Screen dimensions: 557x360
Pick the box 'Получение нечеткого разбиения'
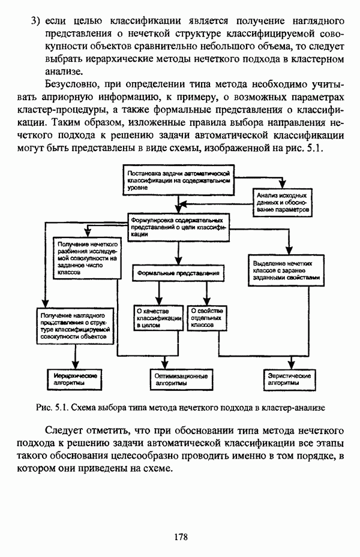[86, 258]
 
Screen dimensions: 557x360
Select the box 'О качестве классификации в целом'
[158, 318]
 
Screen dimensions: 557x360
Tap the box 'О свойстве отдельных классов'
[207, 318]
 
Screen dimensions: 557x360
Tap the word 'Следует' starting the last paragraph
[65, 430]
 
